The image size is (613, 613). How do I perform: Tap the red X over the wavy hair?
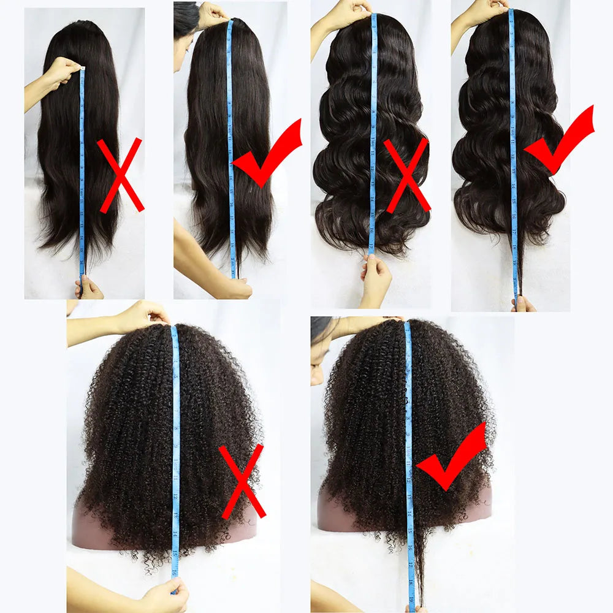pyautogui.click(x=406, y=175)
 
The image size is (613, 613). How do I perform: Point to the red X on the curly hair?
pyautogui.click(x=242, y=481)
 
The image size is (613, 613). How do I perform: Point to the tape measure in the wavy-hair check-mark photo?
pyautogui.click(x=512, y=153)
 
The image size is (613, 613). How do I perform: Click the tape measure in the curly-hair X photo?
pyautogui.click(x=176, y=460)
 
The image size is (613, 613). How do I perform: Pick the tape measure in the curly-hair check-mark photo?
pyautogui.click(x=409, y=460)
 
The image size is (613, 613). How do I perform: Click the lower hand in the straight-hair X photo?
pyautogui.click(x=89, y=287)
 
